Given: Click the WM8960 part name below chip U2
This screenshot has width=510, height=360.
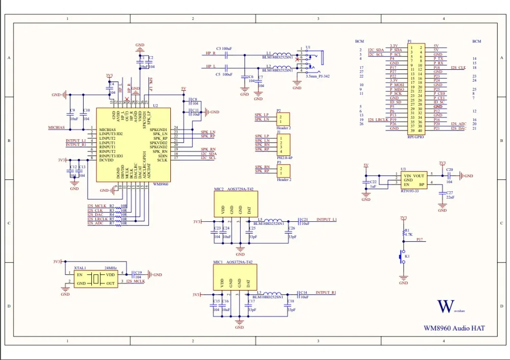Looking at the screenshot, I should [160, 183].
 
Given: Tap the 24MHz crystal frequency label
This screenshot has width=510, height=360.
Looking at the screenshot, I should [111, 268].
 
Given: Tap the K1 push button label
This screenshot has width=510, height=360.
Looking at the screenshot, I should [407, 256].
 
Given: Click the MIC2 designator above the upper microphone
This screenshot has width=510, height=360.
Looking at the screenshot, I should [219, 189].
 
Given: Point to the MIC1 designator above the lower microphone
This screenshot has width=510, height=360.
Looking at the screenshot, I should [219, 262].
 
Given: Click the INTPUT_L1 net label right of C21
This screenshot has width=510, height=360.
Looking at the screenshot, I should [326, 219].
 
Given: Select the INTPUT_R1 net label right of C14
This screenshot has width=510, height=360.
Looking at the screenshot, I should [326, 293].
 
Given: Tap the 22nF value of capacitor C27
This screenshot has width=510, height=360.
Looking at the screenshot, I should [450, 197].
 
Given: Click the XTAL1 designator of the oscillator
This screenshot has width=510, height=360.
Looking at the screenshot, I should [80, 268].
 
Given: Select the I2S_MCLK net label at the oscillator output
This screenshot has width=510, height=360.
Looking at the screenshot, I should [136, 281].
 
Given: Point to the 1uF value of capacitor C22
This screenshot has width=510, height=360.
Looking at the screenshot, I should [373, 187].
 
